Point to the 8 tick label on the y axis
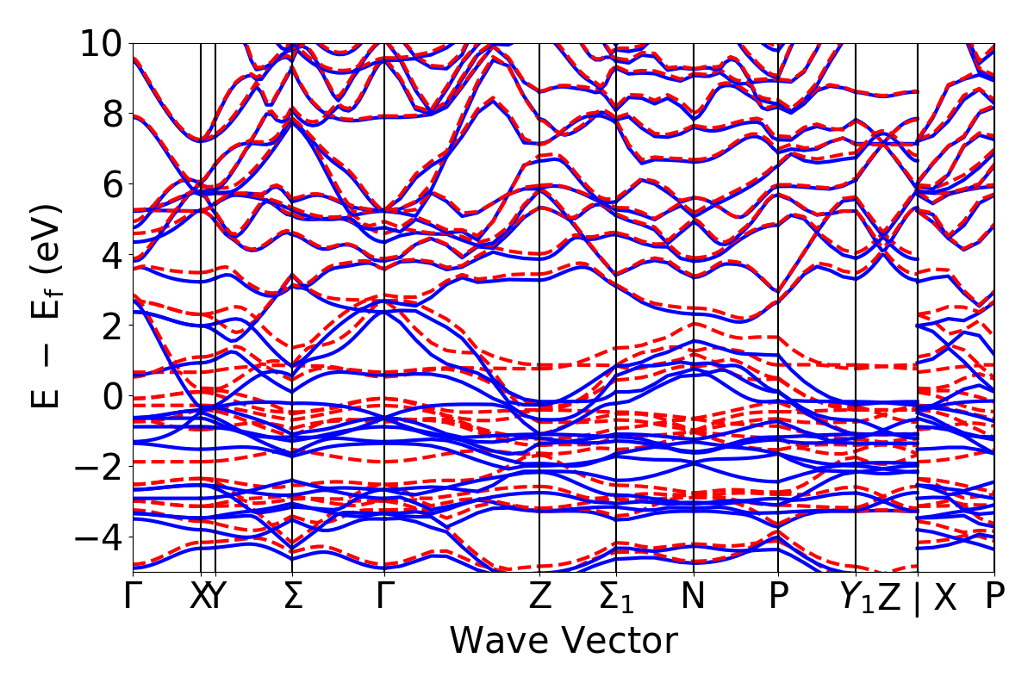[111, 114]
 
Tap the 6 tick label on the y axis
[111, 184]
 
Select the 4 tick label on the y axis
[111, 255]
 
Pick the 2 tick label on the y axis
[111, 326]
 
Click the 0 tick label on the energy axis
[111, 396]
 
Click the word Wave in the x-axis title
[498, 641]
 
